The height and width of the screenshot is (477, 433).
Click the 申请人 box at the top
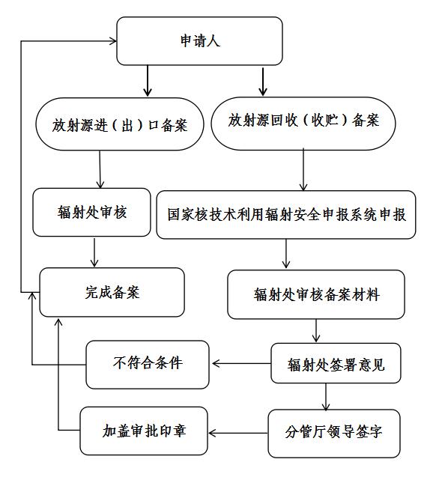point(199,41)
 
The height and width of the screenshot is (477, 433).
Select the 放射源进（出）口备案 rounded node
point(120,124)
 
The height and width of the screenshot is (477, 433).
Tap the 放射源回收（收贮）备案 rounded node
point(303,124)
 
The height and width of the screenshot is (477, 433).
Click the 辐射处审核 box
point(91,213)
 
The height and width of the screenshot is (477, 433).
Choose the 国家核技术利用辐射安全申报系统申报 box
point(286,215)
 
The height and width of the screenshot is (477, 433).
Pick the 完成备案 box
point(112,292)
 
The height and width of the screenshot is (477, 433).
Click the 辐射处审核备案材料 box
point(316,294)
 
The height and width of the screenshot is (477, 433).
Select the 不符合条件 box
point(148,365)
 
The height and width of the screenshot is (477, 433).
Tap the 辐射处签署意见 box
point(336,363)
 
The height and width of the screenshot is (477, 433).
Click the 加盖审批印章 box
point(144,431)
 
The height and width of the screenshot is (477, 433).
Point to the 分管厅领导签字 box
point(334,434)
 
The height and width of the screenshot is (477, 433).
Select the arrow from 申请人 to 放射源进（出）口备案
point(148,81)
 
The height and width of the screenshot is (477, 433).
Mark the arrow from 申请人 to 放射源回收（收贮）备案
point(263,82)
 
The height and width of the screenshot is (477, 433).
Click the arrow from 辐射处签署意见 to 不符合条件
point(242,363)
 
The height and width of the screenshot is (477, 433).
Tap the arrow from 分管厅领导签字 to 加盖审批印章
point(238,433)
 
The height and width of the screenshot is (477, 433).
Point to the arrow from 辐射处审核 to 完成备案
point(94,252)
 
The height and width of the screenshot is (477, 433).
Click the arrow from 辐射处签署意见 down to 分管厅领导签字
point(326,397)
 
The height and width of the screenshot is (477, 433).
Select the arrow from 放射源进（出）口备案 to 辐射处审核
point(100,169)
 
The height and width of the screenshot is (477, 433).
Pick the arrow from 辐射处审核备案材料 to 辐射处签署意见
point(316,331)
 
